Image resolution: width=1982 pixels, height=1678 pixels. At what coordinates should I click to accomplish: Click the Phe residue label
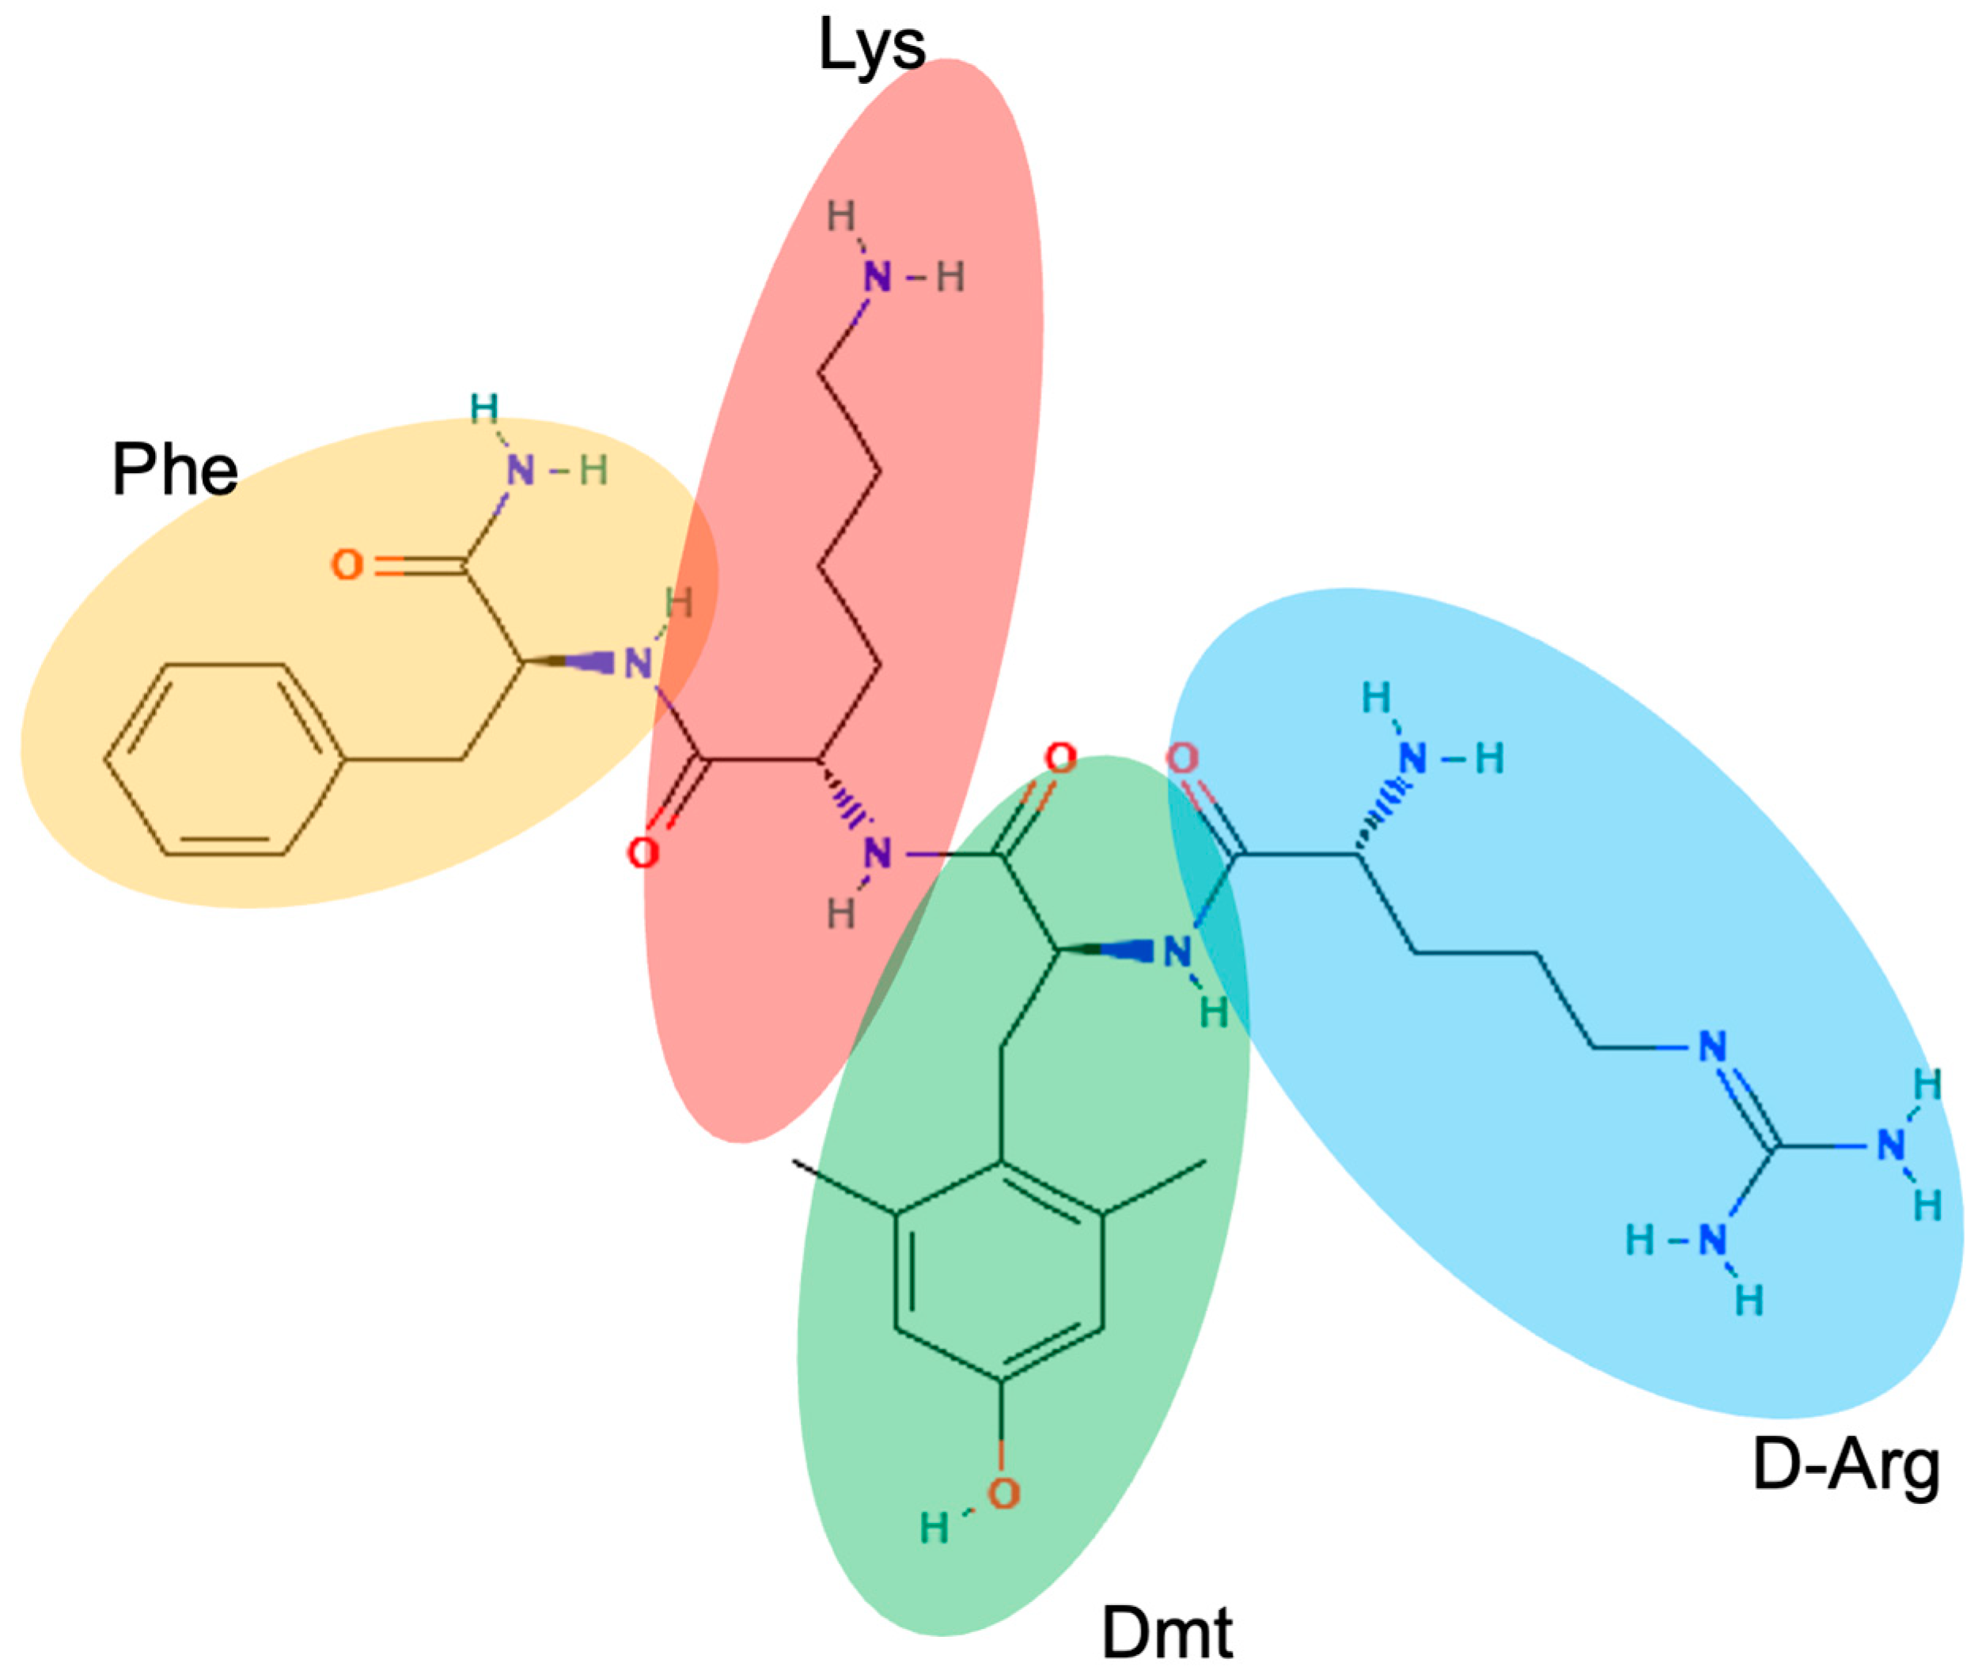point(174,470)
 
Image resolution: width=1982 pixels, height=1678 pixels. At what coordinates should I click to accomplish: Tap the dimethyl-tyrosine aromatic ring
point(999,1271)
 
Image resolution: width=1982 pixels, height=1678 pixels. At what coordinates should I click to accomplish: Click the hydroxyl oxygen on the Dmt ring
point(1003,1494)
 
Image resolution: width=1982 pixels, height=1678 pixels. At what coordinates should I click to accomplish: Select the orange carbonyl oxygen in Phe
point(347,565)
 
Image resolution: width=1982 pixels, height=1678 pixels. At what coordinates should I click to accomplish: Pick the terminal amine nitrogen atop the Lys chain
point(877,278)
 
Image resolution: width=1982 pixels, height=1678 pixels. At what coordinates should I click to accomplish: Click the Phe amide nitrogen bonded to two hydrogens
point(520,470)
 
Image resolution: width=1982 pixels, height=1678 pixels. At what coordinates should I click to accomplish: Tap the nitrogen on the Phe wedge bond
point(639,664)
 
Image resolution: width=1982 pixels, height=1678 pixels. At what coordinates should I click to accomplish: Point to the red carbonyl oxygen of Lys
point(643,852)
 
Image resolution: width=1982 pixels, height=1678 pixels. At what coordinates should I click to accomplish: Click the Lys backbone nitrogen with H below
point(877,854)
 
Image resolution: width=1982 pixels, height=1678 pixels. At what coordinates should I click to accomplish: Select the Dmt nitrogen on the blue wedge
point(1177,950)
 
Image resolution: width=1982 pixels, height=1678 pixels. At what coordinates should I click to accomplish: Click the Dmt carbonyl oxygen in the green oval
point(1060,758)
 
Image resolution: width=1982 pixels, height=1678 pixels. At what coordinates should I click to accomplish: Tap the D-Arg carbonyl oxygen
point(1182,758)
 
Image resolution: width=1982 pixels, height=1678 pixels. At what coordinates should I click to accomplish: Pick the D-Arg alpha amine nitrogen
point(1412,758)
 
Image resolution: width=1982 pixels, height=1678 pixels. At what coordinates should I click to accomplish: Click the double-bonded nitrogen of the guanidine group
point(1711,1047)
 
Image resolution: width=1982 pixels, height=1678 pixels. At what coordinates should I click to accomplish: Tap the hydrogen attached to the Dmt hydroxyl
point(934,1528)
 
